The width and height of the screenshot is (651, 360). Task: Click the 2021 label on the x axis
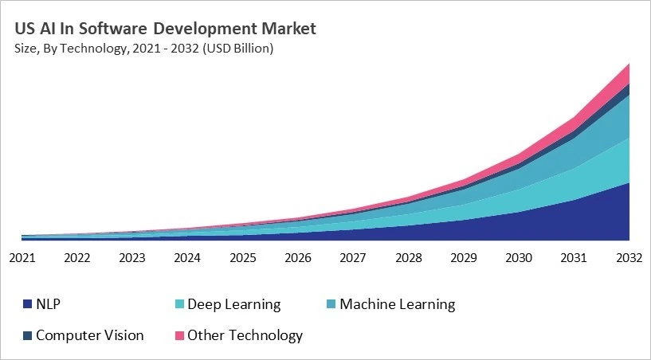click(22, 257)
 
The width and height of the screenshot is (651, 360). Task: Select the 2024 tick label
click(187, 257)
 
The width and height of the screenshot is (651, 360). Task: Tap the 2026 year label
click(298, 257)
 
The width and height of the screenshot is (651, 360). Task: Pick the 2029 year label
click(464, 257)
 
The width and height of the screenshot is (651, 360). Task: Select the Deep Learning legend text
click(233, 304)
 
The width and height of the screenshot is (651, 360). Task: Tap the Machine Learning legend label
click(397, 304)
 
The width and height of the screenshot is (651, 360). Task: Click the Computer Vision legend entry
click(89, 335)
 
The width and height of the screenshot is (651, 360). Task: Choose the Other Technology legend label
click(245, 335)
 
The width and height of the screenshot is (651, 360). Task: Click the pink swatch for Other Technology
click(178, 335)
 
